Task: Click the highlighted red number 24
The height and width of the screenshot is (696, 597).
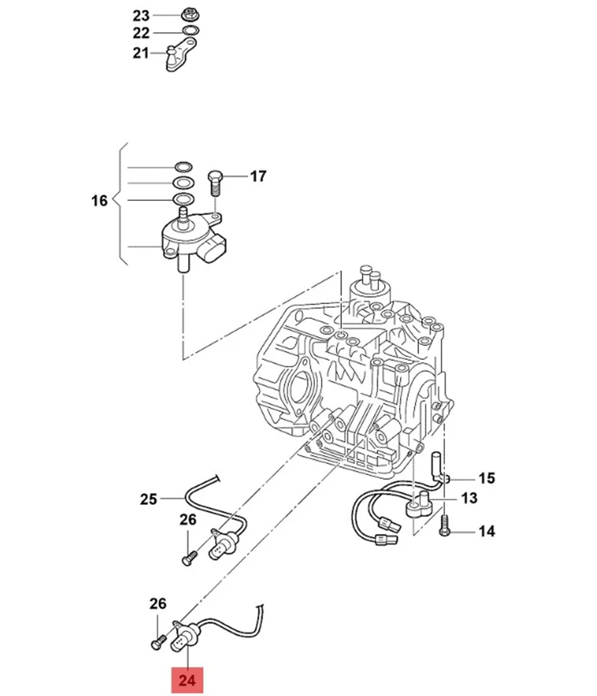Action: (187, 680)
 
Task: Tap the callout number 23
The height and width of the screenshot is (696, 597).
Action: (141, 16)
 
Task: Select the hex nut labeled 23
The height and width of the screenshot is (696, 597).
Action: (190, 14)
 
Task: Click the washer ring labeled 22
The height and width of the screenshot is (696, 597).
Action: (190, 31)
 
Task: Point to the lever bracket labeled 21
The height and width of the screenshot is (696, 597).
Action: (180, 55)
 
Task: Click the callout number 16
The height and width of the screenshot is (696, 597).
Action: (99, 201)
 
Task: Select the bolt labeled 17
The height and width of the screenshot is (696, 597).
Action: (214, 182)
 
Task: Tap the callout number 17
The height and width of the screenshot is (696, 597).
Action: (258, 176)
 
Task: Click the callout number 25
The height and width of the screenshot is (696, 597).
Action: (149, 500)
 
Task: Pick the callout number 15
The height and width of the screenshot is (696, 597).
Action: (487, 479)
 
